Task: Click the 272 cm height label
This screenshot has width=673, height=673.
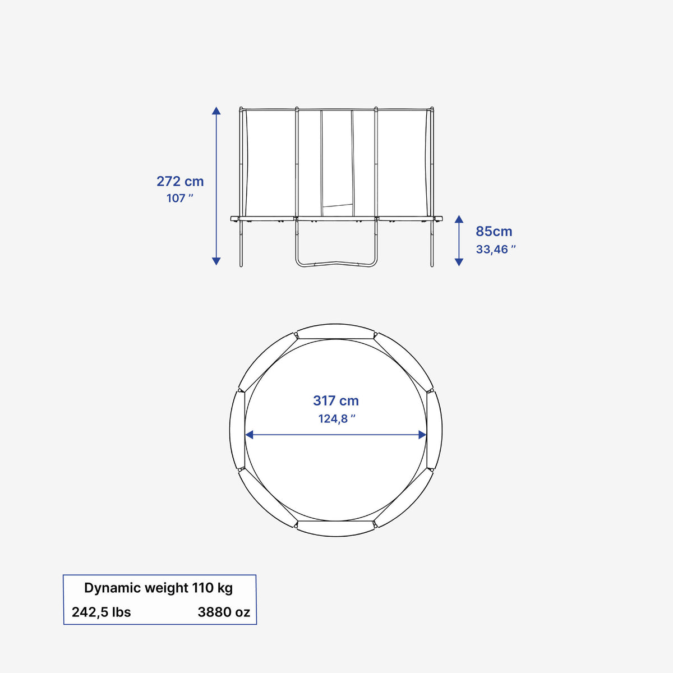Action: pyautogui.click(x=180, y=182)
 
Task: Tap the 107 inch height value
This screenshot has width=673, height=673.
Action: pyautogui.click(x=180, y=199)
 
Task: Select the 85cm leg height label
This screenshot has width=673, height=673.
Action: pyautogui.click(x=494, y=231)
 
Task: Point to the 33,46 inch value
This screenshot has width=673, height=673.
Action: pyautogui.click(x=496, y=250)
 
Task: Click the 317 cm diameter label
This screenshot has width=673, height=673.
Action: pyautogui.click(x=335, y=400)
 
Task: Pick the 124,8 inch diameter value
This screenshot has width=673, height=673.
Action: pyautogui.click(x=336, y=418)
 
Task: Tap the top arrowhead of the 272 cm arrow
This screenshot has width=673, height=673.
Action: pyautogui.click(x=216, y=110)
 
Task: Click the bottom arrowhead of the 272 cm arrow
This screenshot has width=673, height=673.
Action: pyautogui.click(x=216, y=261)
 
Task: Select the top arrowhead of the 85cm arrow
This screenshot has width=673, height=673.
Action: pyautogui.click(x=459, y=219)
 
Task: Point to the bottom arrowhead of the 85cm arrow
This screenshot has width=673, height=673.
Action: pyautogui.click(x=459, y=262)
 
